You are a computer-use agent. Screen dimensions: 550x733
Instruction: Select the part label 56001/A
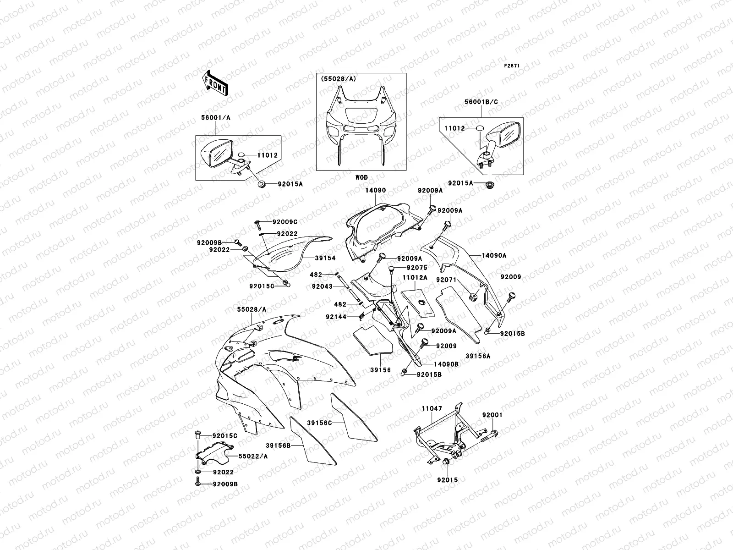(216, 118)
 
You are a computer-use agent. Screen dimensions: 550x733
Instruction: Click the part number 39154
(325, 258)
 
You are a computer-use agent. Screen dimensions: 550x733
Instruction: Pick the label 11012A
(415, 277)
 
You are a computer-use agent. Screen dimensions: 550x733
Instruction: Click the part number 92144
(336, 316)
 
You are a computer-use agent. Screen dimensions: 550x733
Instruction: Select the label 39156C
(319, 423)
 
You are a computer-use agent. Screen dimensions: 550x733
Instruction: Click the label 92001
(492, 415)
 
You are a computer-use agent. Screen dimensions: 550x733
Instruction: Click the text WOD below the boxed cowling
(361, 177)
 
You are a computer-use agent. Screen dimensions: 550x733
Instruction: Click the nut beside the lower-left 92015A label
(262, 184)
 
